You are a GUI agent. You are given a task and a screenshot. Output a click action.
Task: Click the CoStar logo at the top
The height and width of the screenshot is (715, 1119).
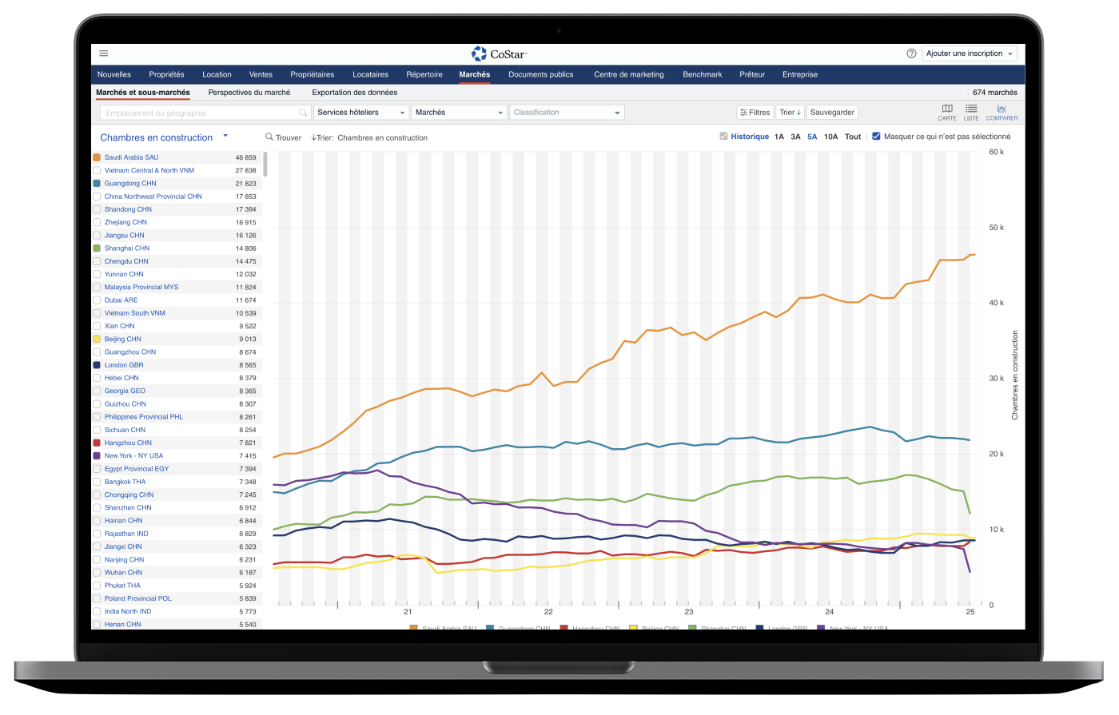(499, 54)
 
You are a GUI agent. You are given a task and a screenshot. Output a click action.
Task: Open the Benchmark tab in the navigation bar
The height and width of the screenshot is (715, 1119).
(702, 74)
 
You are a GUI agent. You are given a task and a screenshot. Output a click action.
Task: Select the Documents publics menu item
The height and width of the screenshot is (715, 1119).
(540, 74)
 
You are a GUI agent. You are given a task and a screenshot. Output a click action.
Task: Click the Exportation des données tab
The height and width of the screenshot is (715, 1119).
(354, 93)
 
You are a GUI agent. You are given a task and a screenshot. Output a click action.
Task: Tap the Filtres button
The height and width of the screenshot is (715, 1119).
(755, 113)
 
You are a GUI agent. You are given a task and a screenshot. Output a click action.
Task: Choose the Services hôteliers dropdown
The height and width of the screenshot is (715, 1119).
(360, 113)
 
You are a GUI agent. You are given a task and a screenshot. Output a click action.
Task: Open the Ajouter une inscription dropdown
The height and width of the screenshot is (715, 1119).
(969, 54)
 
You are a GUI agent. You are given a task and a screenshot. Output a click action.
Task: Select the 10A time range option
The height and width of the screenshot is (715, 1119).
(830, 137)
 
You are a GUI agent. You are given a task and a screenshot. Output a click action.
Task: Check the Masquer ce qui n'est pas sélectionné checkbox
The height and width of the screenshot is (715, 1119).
(877, 137)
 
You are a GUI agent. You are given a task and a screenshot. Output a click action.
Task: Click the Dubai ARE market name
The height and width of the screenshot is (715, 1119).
(121, 300)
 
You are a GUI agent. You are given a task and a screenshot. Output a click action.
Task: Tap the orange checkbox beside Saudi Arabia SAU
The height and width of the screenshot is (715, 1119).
(97, 157)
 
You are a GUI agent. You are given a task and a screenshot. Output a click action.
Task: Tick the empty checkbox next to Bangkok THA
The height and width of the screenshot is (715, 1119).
(97, 482)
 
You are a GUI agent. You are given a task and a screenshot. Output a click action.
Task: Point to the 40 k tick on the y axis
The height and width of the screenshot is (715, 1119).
(996, 303)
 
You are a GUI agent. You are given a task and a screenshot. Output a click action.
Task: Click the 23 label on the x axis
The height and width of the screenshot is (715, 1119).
(689, 612)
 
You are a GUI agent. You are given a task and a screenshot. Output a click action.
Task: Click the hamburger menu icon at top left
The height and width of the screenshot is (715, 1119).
(104, 54)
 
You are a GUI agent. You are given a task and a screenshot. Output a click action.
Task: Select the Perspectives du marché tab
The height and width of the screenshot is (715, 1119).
(249, 93)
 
